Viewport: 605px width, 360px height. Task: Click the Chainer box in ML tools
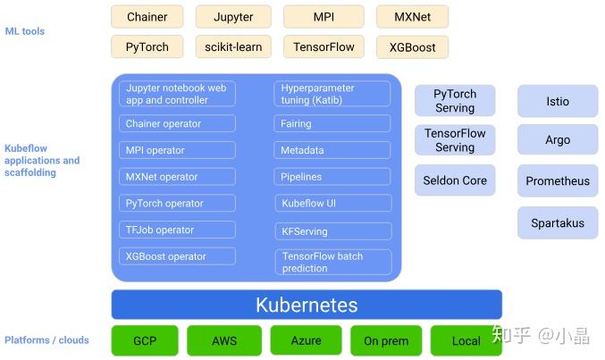pos(147,17)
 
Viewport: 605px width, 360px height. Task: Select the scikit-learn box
pos(233,47)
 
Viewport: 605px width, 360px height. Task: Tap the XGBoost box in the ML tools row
pos(412,47)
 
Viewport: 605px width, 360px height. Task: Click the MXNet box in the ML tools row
pos(412,17)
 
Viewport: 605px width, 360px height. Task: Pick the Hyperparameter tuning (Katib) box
pos(332,94)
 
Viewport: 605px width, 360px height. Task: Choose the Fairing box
pos(332,124)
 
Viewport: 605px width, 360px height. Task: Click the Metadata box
pos(332,150)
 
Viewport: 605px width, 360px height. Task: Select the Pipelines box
pos(332,177)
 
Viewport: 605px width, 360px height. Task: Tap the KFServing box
pos(332,230)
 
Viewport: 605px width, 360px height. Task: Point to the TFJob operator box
pos(178,230)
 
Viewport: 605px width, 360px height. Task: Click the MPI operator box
pos(178,150)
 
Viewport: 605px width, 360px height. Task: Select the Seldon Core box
pos(455,180)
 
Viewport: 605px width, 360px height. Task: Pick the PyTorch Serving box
pos(455,101)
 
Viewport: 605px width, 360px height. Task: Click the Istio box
pos(558,102)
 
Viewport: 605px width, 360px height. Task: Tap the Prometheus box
pos(558,180)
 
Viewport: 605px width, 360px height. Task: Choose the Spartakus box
pos(558,222)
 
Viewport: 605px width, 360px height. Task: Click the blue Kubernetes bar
pos(307,305)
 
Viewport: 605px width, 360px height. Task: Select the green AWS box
pos(224,340)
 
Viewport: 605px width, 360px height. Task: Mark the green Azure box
pos(306,340)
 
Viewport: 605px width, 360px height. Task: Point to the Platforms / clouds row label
pos(46,340)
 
